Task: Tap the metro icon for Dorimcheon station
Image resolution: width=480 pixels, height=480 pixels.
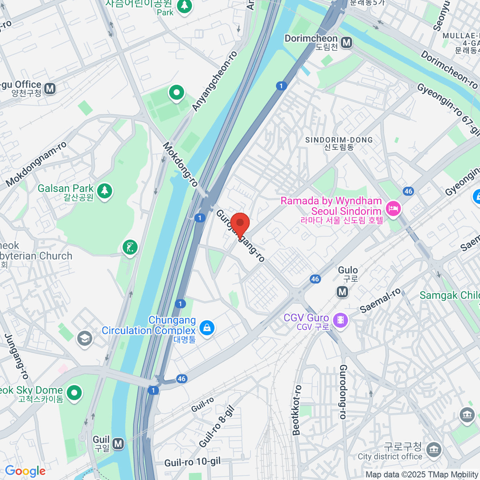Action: tap(346, 42)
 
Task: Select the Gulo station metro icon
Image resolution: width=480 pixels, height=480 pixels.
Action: tap(342, 292)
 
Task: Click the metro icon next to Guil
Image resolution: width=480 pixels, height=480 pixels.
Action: tap(118, 443)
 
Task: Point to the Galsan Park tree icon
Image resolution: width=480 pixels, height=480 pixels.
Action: tap(105, 191)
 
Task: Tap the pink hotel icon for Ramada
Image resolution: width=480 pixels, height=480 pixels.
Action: tap(393, 208)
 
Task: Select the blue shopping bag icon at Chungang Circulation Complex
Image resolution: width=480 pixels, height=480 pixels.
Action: tap(207, 328)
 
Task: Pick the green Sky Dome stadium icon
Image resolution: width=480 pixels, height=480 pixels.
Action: tap(74, 393)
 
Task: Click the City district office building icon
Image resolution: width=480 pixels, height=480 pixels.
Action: tap(433, 449)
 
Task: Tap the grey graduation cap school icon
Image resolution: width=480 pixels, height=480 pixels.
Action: tap(85, 338)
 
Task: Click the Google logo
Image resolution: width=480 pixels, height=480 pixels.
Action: tap(25, 471)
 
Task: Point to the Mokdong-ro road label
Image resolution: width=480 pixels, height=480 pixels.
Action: tap(180, 164)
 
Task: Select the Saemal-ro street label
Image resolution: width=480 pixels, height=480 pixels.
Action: tap(380, 301)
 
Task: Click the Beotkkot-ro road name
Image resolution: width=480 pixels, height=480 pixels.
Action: tap(296, 410)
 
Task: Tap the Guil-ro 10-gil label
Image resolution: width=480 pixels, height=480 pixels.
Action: tap(192, 462)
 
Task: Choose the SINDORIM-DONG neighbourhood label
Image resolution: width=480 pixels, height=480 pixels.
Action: tap(339, 140)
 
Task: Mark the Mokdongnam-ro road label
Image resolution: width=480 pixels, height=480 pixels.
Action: tap(36, 164)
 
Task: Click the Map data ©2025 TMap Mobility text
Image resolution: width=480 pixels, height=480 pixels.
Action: tap(422, 475)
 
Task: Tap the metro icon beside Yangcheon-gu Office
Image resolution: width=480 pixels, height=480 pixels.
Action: tap(50, 88)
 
